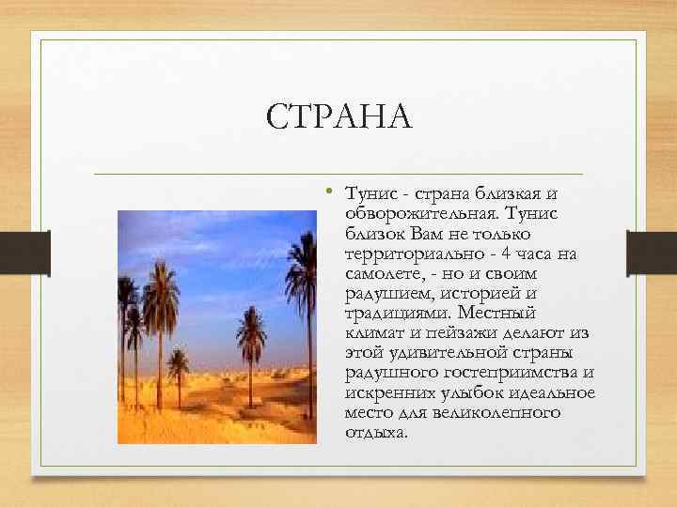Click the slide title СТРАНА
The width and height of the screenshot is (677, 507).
339,118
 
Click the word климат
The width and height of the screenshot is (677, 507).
374,333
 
